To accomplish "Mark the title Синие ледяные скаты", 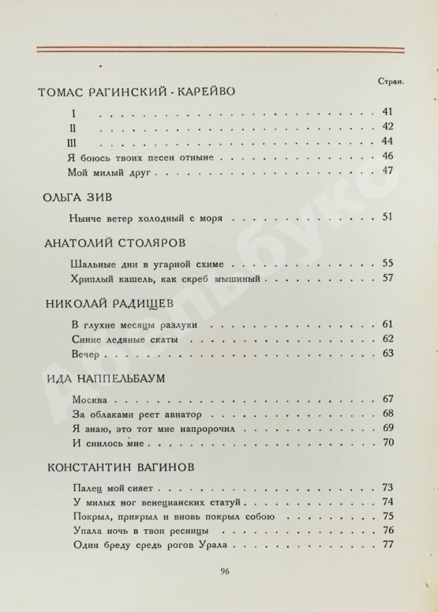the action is click(x=124, y=339).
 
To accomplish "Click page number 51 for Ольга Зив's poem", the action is click(x=387, y=216).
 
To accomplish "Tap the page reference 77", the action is click(x=387, y=545).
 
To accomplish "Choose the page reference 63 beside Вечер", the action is click(x=387, y=352).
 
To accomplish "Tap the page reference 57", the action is click(x=387, y=278).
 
